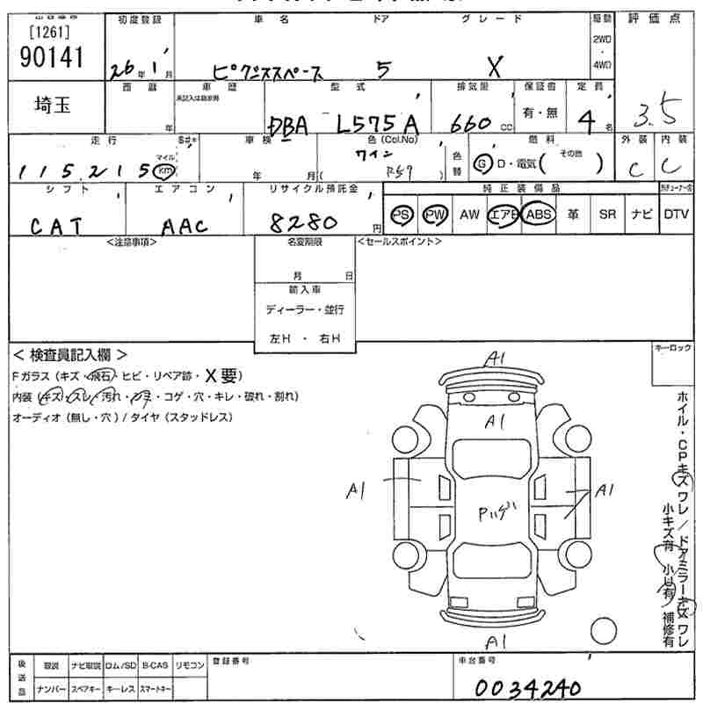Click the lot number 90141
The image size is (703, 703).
click(50, 57)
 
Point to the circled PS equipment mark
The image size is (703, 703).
click(402, 214)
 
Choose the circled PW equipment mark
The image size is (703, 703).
click(434, 214)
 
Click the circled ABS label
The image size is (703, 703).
click(537, 214)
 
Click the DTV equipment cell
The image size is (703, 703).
click(676, 214)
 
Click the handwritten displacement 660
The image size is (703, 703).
click(469, 125)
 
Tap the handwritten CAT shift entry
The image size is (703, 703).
click(57, 226)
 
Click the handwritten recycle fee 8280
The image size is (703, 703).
click(307, 222)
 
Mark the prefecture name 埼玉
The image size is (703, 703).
click(54, 105)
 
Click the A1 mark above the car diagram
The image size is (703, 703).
click(496, 358)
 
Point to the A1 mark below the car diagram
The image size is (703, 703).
click(496, 641)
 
